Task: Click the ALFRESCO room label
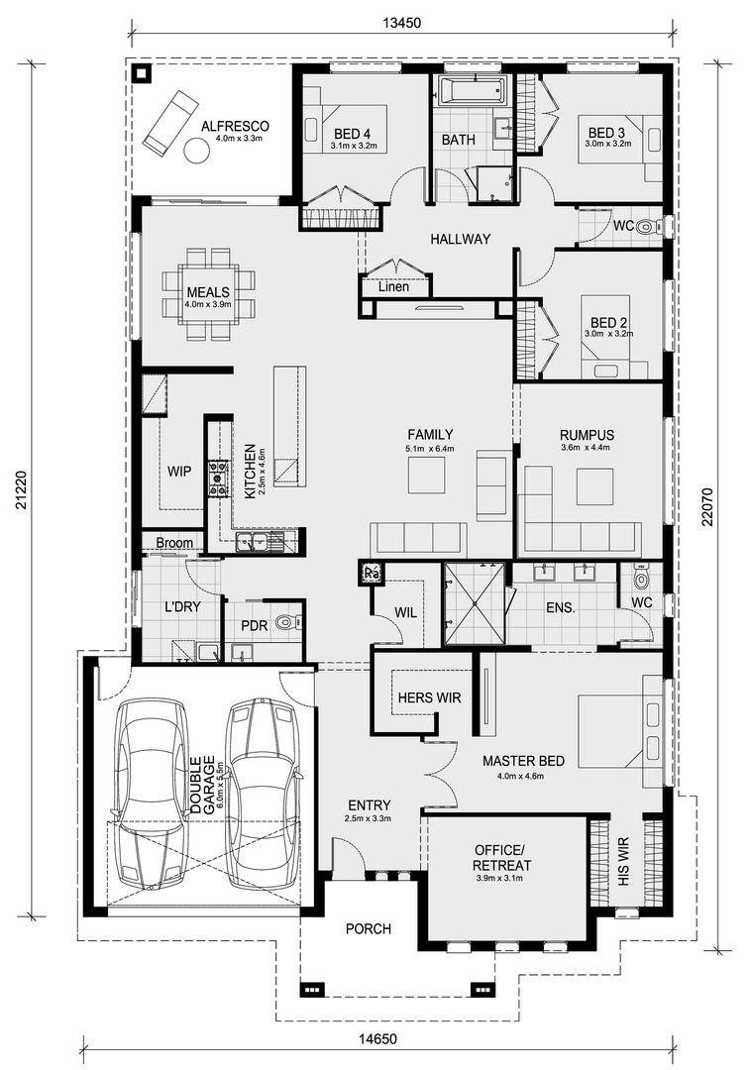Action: (235, 126)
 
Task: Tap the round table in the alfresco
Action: (197, 151)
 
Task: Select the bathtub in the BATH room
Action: (472, 90)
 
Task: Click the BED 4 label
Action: (352, 134)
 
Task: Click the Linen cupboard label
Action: (394, 286)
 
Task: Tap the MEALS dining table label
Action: (208, 292)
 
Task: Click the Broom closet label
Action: (174, 543)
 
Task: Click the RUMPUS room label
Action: (587, 435)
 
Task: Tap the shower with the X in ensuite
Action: (475, 603)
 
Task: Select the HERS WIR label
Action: (429, 697)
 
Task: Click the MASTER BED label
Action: (523, 760)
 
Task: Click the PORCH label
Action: (368, 928)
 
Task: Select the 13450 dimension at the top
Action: (401, 23)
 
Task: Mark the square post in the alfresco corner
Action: (142, 73)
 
